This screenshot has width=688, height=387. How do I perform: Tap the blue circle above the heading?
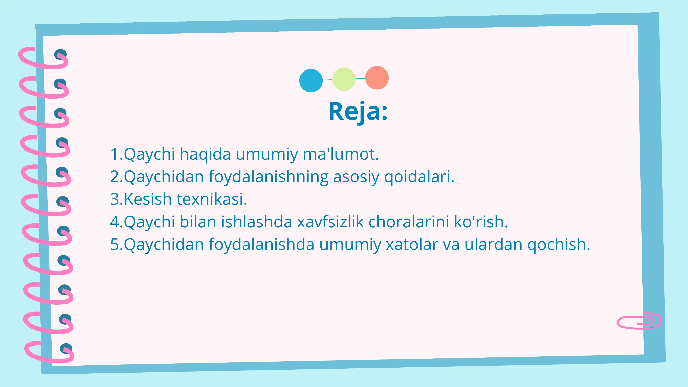tap(311, 81)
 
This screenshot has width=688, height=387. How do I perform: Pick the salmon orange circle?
tap(377, 78)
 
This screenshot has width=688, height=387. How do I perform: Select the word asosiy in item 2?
tap(356, 177)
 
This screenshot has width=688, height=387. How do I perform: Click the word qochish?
tap(558, 244)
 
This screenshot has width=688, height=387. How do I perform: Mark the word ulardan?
tap(493, 244)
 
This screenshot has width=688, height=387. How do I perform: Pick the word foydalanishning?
tap(268, 177)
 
